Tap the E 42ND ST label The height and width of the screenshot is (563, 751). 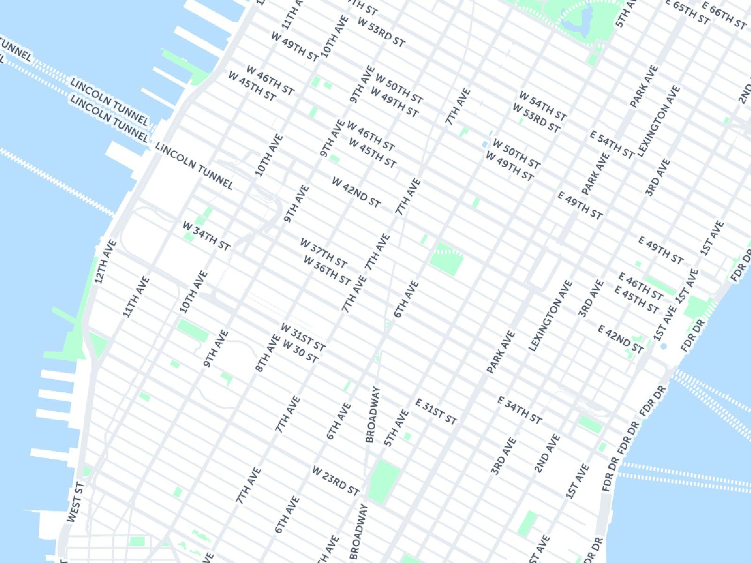[x=620, y=339]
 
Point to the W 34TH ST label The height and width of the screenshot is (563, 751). [x=206, y=236]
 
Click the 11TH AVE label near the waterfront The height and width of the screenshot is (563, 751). [x=136, y=297]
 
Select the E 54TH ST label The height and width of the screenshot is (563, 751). [x=612, y=145]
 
